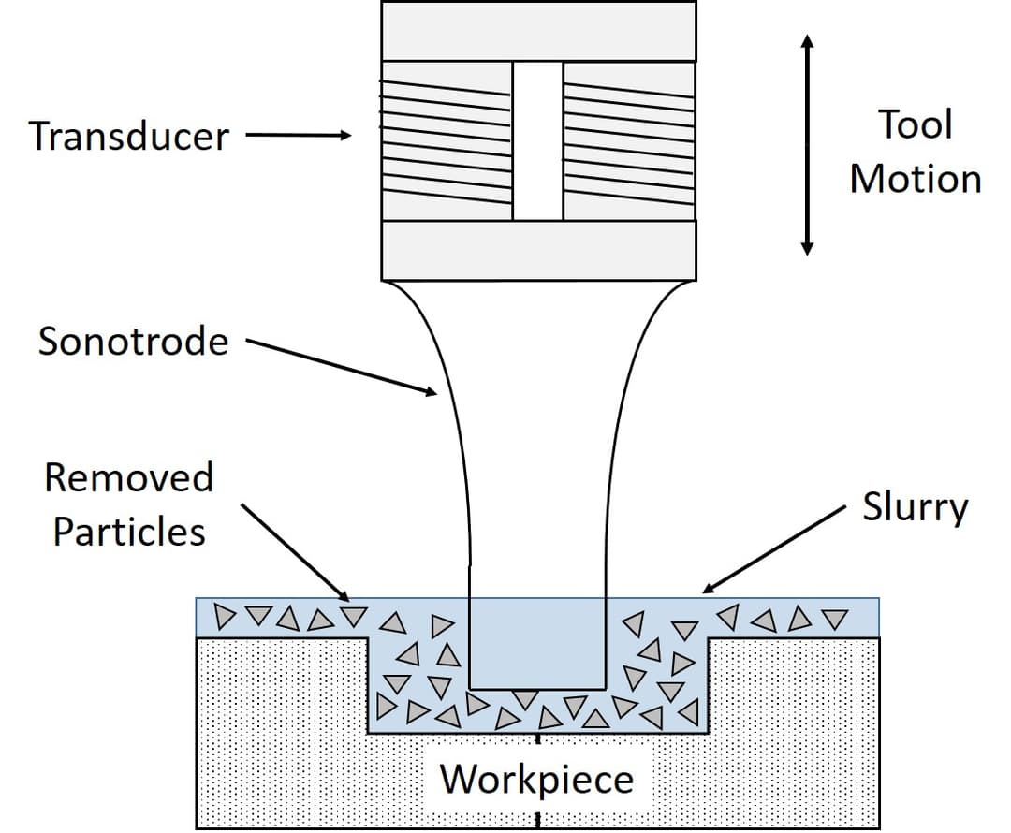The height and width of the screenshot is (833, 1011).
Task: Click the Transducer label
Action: pos(128,137)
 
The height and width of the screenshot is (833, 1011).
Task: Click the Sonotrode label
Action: pos(133,342)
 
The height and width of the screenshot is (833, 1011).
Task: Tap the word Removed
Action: pos(128,478)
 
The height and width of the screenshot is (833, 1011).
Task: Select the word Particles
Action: pos(128,532)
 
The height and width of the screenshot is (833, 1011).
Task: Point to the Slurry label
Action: pos(915,508)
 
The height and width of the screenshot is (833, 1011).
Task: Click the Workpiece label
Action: pos(536,779)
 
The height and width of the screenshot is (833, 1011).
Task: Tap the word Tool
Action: pos(915,124)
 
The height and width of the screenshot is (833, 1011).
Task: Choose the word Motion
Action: pos(915,179)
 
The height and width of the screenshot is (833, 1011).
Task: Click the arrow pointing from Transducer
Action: pos(298,137)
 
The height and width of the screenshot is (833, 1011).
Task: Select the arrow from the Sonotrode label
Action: pos(342,368)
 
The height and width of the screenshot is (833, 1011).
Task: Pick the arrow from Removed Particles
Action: pos(295,552)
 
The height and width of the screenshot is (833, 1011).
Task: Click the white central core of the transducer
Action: pos(537,141)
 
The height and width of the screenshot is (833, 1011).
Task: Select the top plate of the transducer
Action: pos(538,31)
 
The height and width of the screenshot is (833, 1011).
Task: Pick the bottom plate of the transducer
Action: pos(538,250)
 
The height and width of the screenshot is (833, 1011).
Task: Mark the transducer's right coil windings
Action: pos(628,141)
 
